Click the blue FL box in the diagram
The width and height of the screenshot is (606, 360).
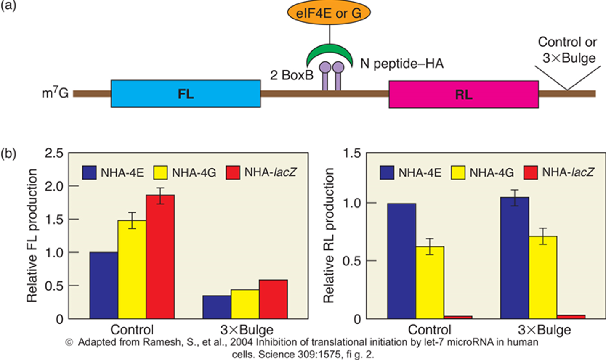coord(186,94)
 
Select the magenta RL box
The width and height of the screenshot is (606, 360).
coord(463,94)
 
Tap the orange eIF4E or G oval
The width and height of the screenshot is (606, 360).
coord(329,13)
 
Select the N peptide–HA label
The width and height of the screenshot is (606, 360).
coord(402,64)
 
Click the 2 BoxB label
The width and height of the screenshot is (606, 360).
coord(292,75)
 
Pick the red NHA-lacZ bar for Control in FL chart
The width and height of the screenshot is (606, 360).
coord(160,257)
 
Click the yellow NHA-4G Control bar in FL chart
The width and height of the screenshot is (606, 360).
coord(132,269)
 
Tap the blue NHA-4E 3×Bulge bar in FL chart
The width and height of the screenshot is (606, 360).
coord(217,307)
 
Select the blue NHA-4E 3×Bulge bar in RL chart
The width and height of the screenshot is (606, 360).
coord(515,257)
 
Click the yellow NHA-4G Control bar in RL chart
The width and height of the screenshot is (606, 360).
coord(430,282)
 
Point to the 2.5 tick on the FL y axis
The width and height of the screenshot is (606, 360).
coord(54,154)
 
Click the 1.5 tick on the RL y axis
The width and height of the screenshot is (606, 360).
coord(352,154)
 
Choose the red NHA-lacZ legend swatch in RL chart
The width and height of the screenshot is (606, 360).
coord(531,172)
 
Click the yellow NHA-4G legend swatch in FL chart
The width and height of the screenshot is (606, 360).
coord(161,172)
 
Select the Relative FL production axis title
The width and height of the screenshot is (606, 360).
coord(32,236)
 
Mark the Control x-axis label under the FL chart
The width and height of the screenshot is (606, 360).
coord(132,329)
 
